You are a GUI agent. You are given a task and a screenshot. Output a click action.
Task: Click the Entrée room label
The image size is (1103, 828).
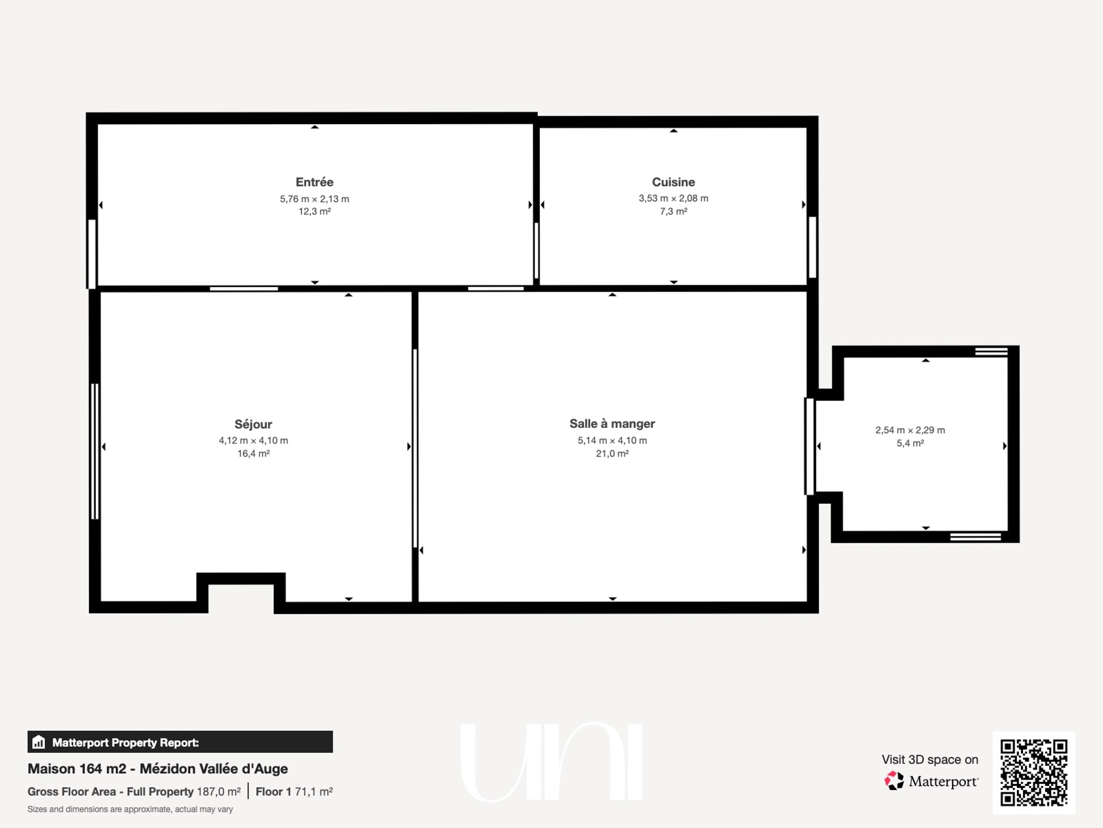[314, 182]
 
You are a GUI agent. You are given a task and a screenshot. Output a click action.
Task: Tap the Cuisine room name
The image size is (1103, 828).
[673, 182]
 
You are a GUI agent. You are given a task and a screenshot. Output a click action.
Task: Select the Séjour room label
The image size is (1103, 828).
[253, 424]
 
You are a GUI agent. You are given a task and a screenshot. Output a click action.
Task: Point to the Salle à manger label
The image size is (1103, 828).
[612, 424]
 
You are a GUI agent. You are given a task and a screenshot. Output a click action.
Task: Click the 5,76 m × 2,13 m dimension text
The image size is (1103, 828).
[314, 199]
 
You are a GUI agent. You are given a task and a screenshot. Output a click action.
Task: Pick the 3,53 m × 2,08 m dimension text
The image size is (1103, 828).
[673, 198]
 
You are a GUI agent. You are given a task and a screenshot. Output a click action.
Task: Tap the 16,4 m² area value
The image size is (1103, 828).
[253, 454]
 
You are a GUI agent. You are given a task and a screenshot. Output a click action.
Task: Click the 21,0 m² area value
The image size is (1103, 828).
[612, 454]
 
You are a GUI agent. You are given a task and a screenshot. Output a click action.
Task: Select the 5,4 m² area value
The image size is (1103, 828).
[910, 443]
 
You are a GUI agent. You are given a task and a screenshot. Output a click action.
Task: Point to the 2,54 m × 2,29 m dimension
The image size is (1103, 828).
[910, 430]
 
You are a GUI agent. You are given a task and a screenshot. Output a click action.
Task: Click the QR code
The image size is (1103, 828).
[1033, 772]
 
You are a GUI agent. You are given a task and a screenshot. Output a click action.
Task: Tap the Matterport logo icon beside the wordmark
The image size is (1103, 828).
[894, 781]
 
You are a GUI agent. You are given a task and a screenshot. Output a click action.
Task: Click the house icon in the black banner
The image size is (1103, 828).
[38, 742]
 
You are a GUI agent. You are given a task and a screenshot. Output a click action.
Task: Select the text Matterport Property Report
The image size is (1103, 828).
[125, 742]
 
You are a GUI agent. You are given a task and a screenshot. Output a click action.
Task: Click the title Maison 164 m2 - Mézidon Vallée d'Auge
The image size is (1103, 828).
[158, 769]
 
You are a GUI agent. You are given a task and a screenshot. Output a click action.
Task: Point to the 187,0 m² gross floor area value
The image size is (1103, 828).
[219, 792]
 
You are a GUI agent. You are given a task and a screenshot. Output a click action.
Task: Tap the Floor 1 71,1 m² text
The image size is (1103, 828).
[294, 792]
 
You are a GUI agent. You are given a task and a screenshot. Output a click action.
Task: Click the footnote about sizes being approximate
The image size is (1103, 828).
[130, 809]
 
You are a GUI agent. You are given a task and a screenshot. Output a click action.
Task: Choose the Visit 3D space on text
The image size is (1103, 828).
[930, 760]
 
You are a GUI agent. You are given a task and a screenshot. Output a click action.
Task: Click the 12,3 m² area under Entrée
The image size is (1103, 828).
[314, 212]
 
